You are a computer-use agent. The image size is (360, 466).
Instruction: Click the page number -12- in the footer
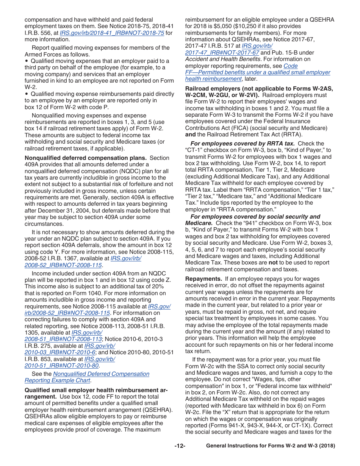180,446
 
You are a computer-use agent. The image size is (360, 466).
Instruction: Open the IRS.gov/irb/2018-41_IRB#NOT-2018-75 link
112,33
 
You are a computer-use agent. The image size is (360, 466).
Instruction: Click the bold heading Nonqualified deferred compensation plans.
86,158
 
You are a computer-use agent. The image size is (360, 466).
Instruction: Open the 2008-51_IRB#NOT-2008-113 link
63,339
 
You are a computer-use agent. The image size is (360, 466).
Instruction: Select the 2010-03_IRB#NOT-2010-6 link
60,352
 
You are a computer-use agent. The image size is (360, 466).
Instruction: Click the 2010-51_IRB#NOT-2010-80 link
61,366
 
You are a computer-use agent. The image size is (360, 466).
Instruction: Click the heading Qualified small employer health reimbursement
96,390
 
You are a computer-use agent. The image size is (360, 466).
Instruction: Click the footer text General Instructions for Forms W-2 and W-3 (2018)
270,446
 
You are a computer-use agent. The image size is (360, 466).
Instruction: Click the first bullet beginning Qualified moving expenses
100,61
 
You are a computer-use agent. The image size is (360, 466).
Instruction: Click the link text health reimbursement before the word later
213,79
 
